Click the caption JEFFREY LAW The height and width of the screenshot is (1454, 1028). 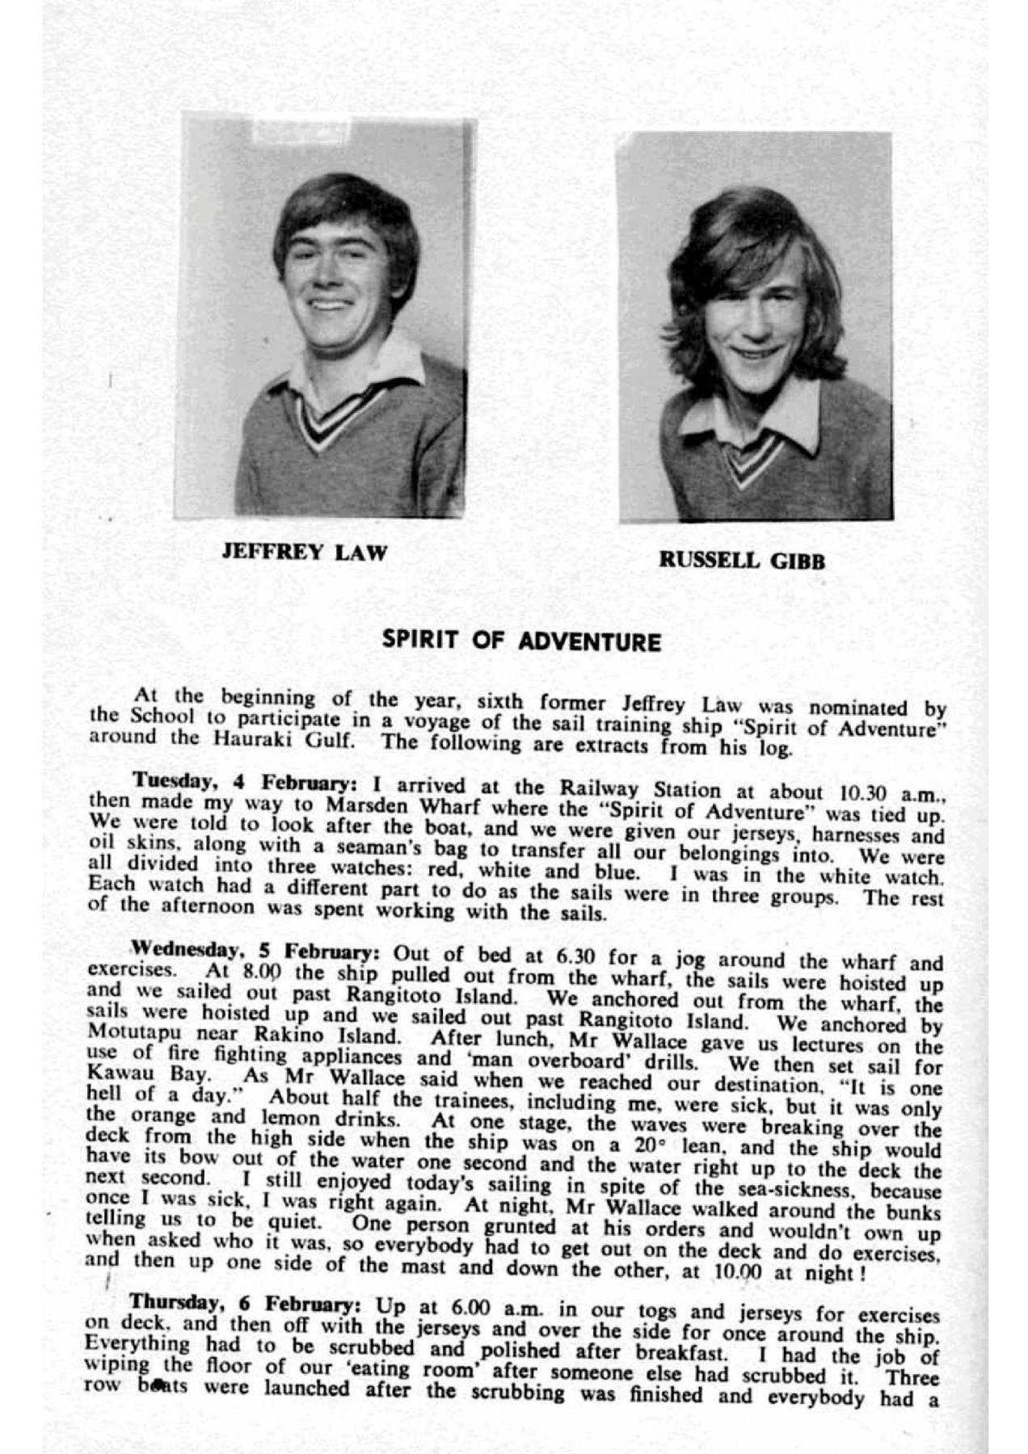tap(305, 553)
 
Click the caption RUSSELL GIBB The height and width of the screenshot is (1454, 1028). tap(742, 560)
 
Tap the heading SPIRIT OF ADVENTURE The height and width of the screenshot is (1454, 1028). tap(521, 641)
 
